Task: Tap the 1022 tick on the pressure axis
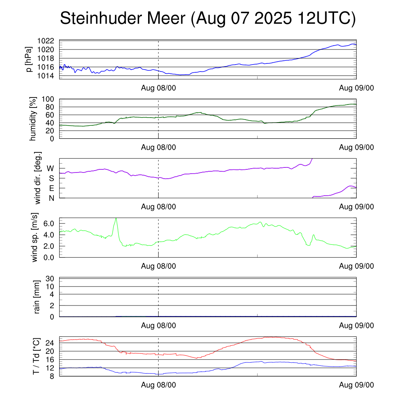[x=48, y=41]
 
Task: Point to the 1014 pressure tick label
[x=48, y=75]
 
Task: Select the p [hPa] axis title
[x=29, y=59]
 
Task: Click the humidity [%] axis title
[x=33, y=118]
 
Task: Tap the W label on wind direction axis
[x=50, y=168]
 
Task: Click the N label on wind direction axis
[x=51, y=198]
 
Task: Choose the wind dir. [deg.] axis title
[x=38, y=178]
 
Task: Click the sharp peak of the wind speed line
[x=116, y=218]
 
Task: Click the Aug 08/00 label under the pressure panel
[x=158, y=88]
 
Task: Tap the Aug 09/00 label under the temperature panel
[x=356, y=385]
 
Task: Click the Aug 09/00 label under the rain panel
[x=356, y=326]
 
